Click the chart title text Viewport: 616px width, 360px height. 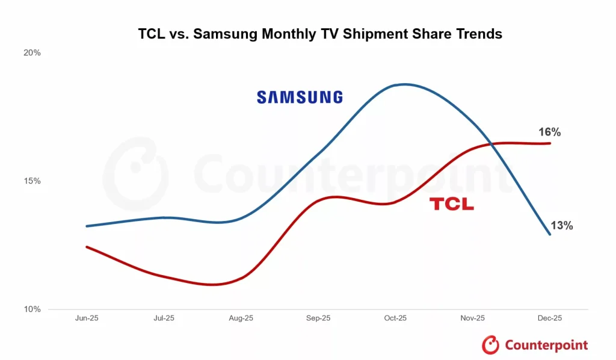(320, 34)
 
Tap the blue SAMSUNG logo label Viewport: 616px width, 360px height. (300, 97)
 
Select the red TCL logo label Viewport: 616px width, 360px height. (451, 205)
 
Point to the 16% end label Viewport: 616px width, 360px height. (550, 132)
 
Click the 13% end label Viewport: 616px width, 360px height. (561, 226)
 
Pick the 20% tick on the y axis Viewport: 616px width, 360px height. (32, 53)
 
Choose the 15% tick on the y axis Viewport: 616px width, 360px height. (32, 181)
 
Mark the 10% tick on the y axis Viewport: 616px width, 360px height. (32, 309)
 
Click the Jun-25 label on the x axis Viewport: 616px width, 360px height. (87, 318)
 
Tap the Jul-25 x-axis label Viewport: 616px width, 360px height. (164, 318)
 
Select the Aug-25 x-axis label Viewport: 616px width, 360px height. (241, 318)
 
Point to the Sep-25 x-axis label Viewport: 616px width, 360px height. (318, 318)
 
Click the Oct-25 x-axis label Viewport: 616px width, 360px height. (395, 318)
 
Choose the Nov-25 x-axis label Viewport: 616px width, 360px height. (473, 318)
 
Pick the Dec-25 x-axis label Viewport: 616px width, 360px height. (550, 318)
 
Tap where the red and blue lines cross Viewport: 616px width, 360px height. (491, 144)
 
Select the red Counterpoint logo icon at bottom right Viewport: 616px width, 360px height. (491, 345)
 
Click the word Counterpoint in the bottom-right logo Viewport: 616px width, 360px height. (546, 345)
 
